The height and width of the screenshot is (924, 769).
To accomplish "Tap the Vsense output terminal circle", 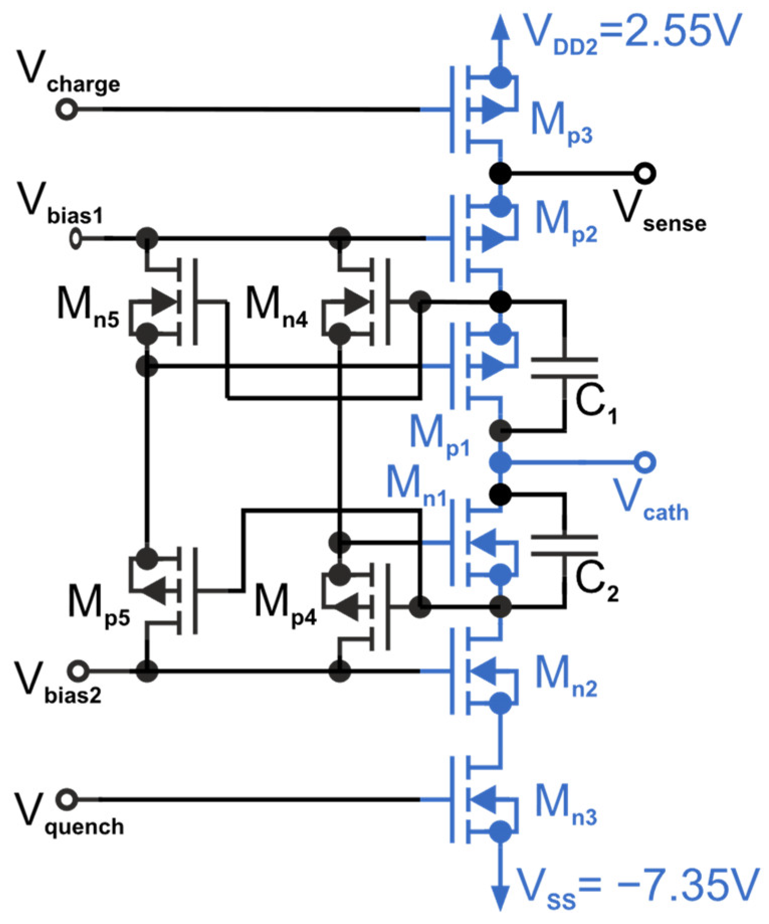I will tap(644, 173).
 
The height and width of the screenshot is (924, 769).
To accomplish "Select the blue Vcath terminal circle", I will tap(644, 462).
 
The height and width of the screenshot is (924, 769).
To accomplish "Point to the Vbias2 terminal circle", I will tap(78, 671).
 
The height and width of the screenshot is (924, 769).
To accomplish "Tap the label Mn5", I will tap(88, 307).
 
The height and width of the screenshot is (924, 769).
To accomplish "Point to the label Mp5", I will tap(98, 604).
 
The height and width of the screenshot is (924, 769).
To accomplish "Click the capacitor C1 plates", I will tap(565, 368).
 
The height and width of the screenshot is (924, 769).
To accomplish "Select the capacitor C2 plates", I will tap(565, 545).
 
